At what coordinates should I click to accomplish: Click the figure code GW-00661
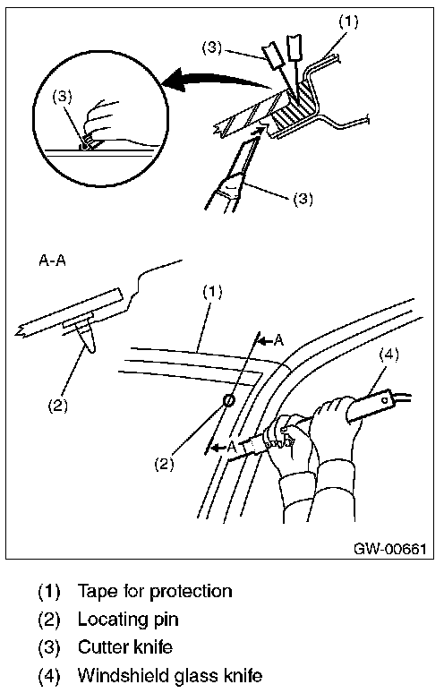click(389, 549)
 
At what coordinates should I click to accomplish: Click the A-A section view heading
click(52, 261)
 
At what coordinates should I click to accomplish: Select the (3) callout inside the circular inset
click(63, 98)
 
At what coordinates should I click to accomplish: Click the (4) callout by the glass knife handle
click(388, 355)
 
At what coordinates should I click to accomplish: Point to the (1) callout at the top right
click(348, 21)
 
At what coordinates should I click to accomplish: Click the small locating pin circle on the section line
click(228, 400)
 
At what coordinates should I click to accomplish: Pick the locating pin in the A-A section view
click(87, 337)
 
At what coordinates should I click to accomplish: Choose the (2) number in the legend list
click(48, 620)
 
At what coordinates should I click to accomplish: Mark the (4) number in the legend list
click(48, 676)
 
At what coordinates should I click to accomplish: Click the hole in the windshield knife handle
click(386, 401)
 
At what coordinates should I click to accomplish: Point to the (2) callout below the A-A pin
click(58, 405)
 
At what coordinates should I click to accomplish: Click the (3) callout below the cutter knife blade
click(303, 199)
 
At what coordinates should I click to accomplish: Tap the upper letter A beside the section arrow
click(278, 340)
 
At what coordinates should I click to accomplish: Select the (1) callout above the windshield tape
click(212, 292)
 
